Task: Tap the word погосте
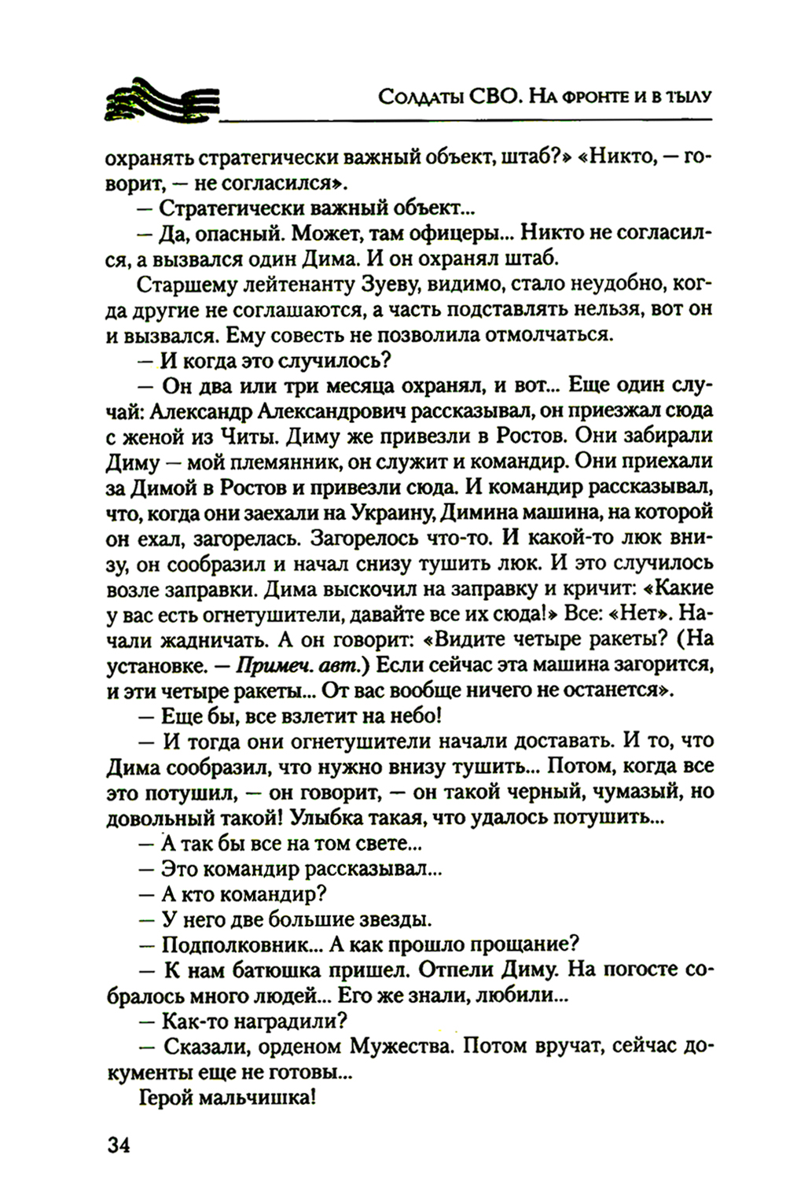[x=636, y=970]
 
